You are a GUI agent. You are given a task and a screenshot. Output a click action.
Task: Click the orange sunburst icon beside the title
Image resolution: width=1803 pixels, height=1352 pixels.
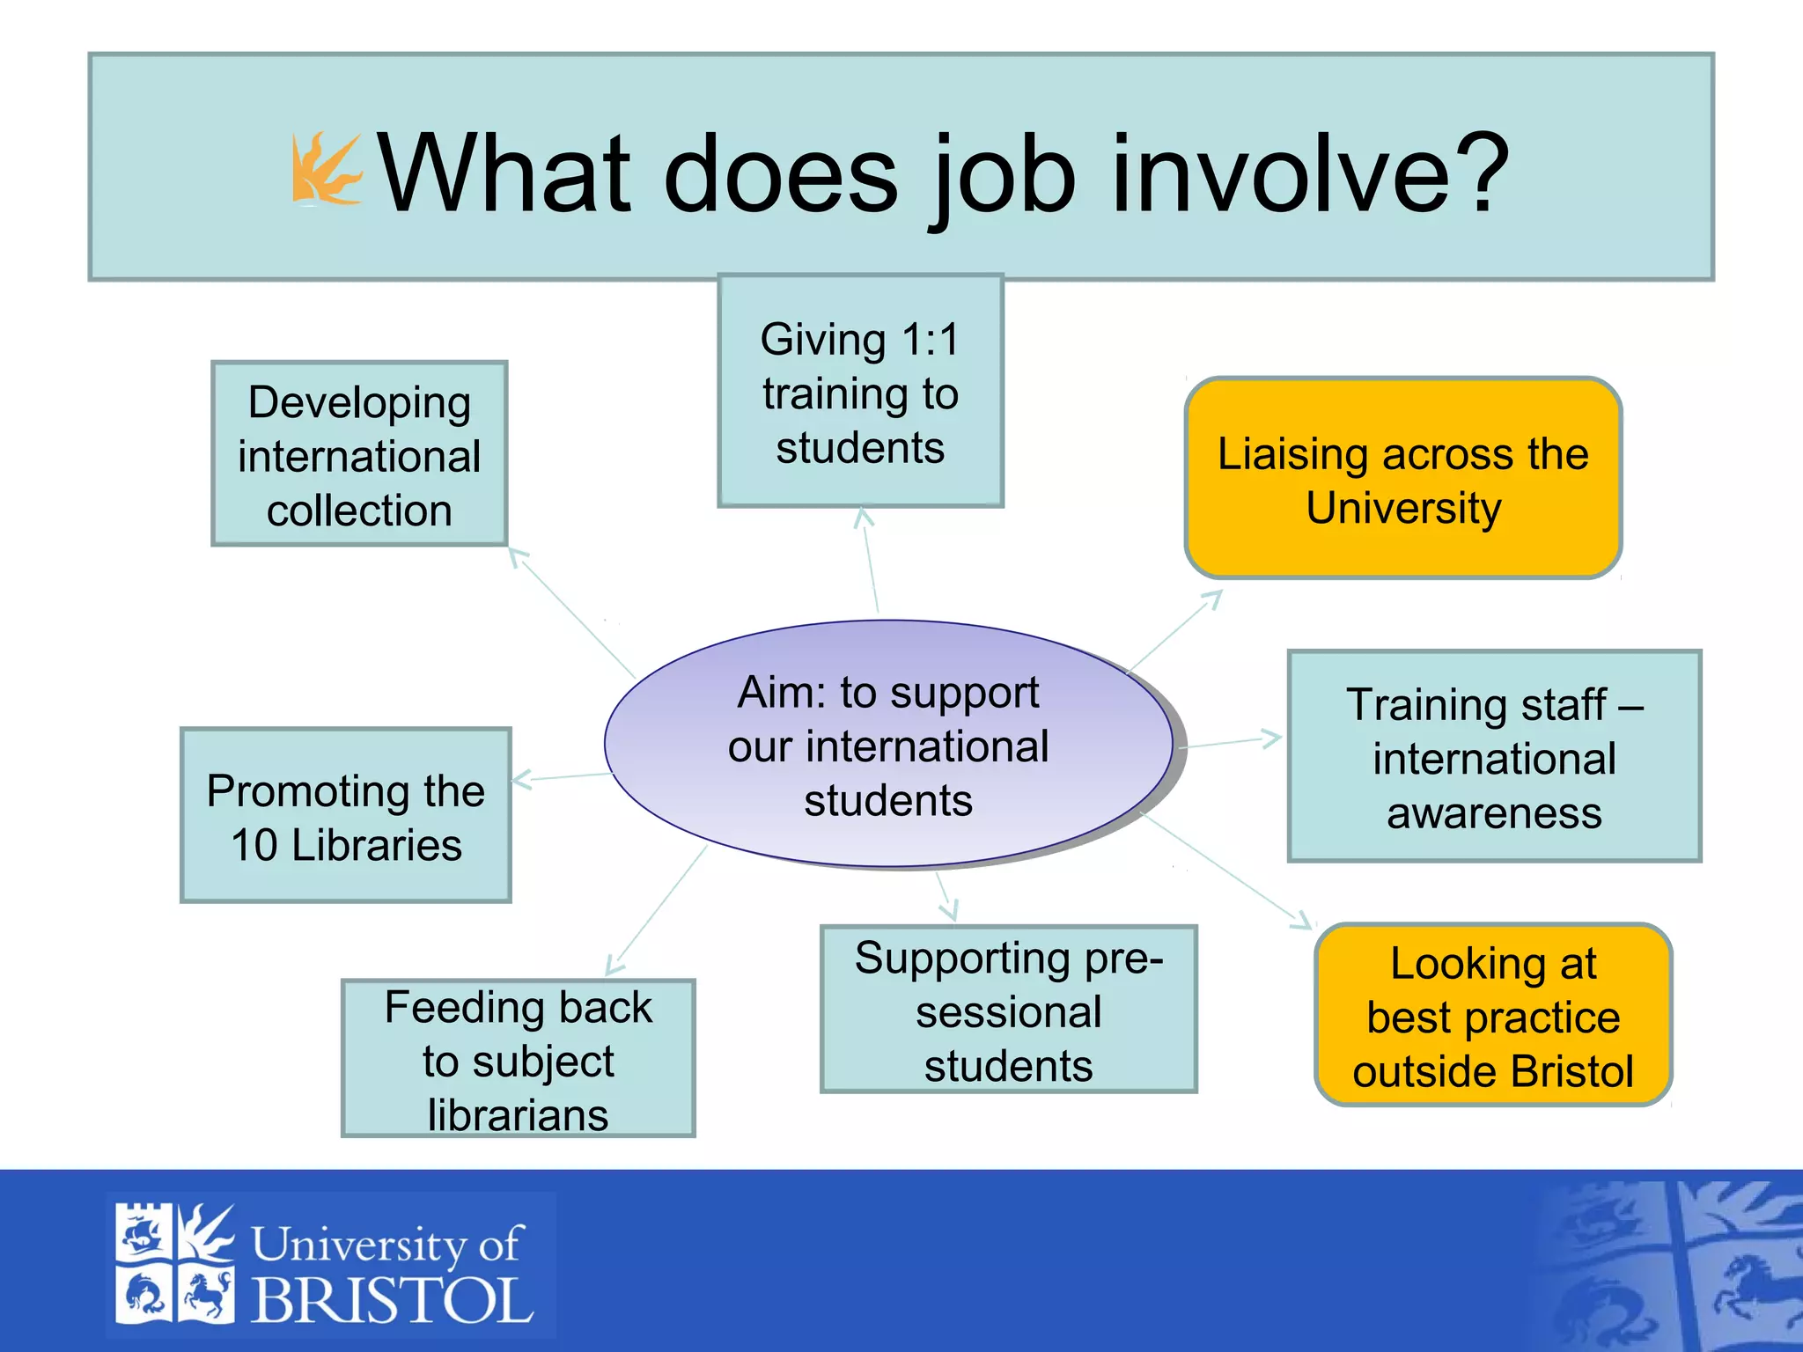[x=326, y=169]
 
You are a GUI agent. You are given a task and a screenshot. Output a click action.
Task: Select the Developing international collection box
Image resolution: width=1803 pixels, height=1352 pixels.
[x=359, y=454]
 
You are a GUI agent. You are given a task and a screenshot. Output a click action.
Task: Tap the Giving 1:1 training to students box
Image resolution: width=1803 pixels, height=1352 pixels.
[x=860, y=392]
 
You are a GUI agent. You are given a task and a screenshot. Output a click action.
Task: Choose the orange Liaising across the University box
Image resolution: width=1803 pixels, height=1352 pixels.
[x=1402, y=479]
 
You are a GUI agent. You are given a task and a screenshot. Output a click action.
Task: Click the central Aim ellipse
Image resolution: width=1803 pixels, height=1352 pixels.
[x=887, y=745]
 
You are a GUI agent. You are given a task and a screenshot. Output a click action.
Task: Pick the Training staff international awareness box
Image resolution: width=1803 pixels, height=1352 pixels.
[x=1494, y=757]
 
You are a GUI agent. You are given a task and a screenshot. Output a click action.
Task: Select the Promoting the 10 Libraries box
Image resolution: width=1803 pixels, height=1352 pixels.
[x=345, y=816]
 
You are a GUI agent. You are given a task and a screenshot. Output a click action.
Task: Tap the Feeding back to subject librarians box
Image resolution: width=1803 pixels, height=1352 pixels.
[x=518, y=1059]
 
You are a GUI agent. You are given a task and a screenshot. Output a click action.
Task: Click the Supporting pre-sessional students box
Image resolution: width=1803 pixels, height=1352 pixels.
[x=1008, y=1010]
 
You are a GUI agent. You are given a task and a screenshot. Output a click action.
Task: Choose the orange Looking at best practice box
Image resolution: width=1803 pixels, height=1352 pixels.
[x=1493, y=1016]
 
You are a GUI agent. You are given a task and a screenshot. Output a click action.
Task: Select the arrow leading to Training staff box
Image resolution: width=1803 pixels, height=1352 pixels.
[x=1231, y=742]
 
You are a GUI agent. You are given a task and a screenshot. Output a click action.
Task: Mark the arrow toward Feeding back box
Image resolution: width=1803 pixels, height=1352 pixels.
[x=656, y=909]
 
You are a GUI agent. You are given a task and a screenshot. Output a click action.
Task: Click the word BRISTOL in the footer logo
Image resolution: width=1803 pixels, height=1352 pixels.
[x=393, y=1300]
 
